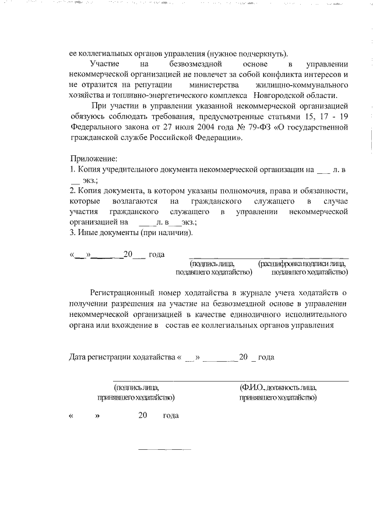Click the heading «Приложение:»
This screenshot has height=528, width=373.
[94, 159]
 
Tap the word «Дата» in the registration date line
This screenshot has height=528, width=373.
[80, 356]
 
